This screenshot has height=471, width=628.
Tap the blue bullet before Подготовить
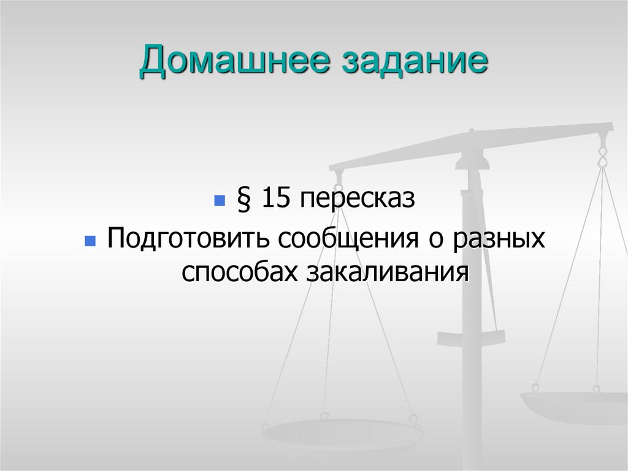pyautogui.click(x=90, y=239)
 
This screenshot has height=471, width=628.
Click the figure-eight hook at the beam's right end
pyautogui.click(x=603, y=154)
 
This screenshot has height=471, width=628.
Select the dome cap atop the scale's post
pyautogui.click(x=473, y=161)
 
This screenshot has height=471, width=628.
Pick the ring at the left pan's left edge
pyautogui.click(x=266, y=426)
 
